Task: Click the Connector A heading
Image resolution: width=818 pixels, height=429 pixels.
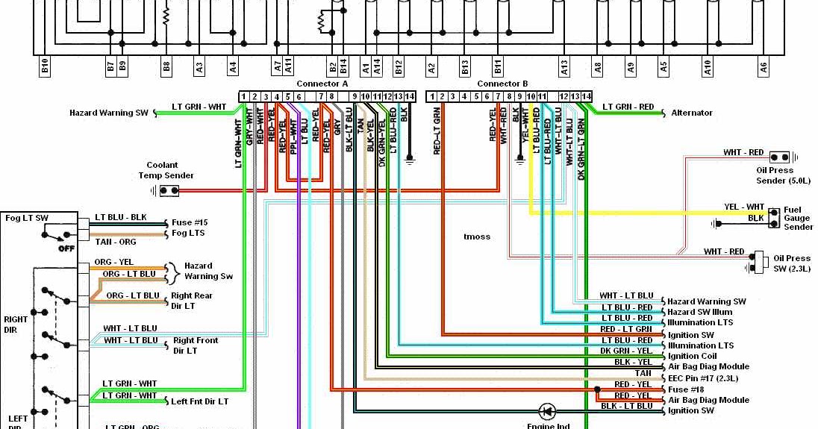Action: (322, 84)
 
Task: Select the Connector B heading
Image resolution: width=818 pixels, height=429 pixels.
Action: (502, 84)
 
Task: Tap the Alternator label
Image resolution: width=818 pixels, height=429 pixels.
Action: (692, 113)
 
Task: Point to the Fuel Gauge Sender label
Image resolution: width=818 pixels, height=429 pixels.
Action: (798, 219)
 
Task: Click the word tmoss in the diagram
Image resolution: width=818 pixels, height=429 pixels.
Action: (477, 237)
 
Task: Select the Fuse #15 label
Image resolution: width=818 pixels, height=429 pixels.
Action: (189, 222)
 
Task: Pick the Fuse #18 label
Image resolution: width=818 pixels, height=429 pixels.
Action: (686, 389)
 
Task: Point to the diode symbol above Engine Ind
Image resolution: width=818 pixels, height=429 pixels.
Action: (547, 410)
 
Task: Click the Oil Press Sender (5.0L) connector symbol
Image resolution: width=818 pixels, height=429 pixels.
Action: (779, 157)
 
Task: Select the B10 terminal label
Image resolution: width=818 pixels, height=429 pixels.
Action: (45, 67)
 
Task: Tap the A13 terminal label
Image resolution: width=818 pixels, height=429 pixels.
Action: (564, 67)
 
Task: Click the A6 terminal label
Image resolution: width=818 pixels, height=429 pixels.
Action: (764, 67)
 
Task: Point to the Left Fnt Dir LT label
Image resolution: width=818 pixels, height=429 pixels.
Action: (199, 401)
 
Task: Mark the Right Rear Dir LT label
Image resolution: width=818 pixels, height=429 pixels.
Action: (192, 301)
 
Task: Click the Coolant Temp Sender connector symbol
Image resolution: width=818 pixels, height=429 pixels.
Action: (169, 190)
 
